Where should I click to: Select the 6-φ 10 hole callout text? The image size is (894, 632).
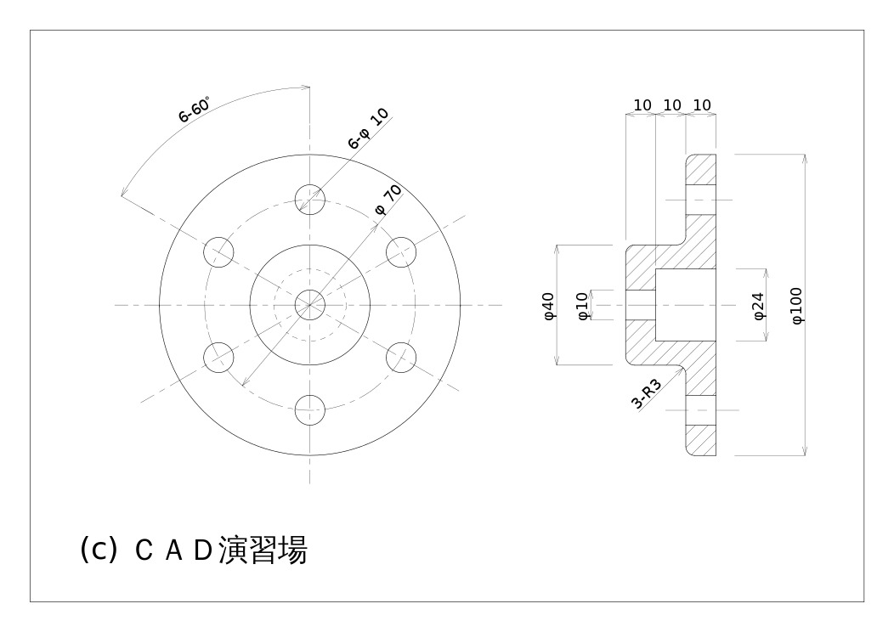369,129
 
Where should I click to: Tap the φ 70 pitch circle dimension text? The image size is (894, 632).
389,200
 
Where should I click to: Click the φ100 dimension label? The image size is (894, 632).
796,305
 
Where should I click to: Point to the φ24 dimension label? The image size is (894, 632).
759,305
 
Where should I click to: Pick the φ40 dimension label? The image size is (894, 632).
548,305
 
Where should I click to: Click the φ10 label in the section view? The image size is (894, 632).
582,305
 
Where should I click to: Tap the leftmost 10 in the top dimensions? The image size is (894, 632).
642,105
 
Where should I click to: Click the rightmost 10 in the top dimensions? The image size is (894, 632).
702,105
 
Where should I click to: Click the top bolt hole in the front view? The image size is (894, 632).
310,200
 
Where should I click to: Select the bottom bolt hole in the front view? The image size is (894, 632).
310,410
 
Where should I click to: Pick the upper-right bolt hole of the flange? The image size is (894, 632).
401,252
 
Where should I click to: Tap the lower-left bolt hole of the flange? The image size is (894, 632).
219,358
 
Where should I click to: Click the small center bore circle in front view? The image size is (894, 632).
310,305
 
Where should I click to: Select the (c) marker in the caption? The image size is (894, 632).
97,550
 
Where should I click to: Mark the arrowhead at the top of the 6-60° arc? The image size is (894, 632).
304,86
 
